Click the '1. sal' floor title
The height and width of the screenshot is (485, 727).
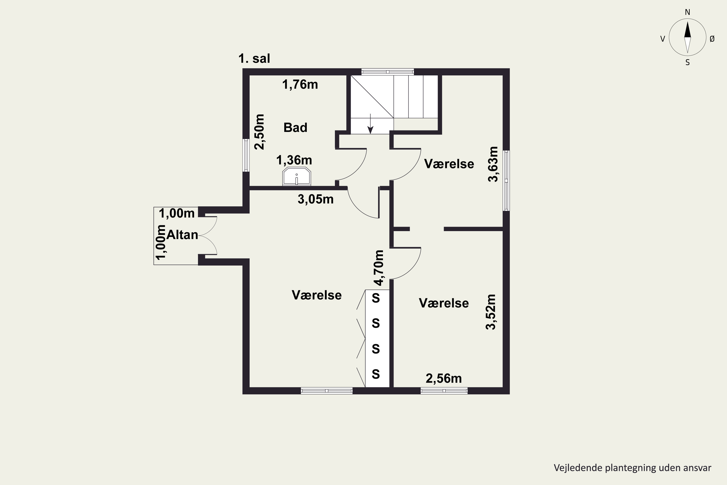254,58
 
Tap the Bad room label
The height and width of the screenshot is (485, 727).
295,128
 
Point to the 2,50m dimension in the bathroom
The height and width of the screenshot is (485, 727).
260,132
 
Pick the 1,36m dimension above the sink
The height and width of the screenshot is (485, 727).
294,160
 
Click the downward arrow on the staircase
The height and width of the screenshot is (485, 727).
370,124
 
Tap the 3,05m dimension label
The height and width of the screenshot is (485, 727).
316,199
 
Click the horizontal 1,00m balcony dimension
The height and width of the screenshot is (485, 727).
177,213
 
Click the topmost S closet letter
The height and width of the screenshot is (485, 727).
376,298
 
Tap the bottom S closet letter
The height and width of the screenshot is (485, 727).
376,374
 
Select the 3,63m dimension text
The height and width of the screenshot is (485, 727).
493,164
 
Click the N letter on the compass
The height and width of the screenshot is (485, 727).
687,12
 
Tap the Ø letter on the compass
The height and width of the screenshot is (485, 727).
712,39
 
